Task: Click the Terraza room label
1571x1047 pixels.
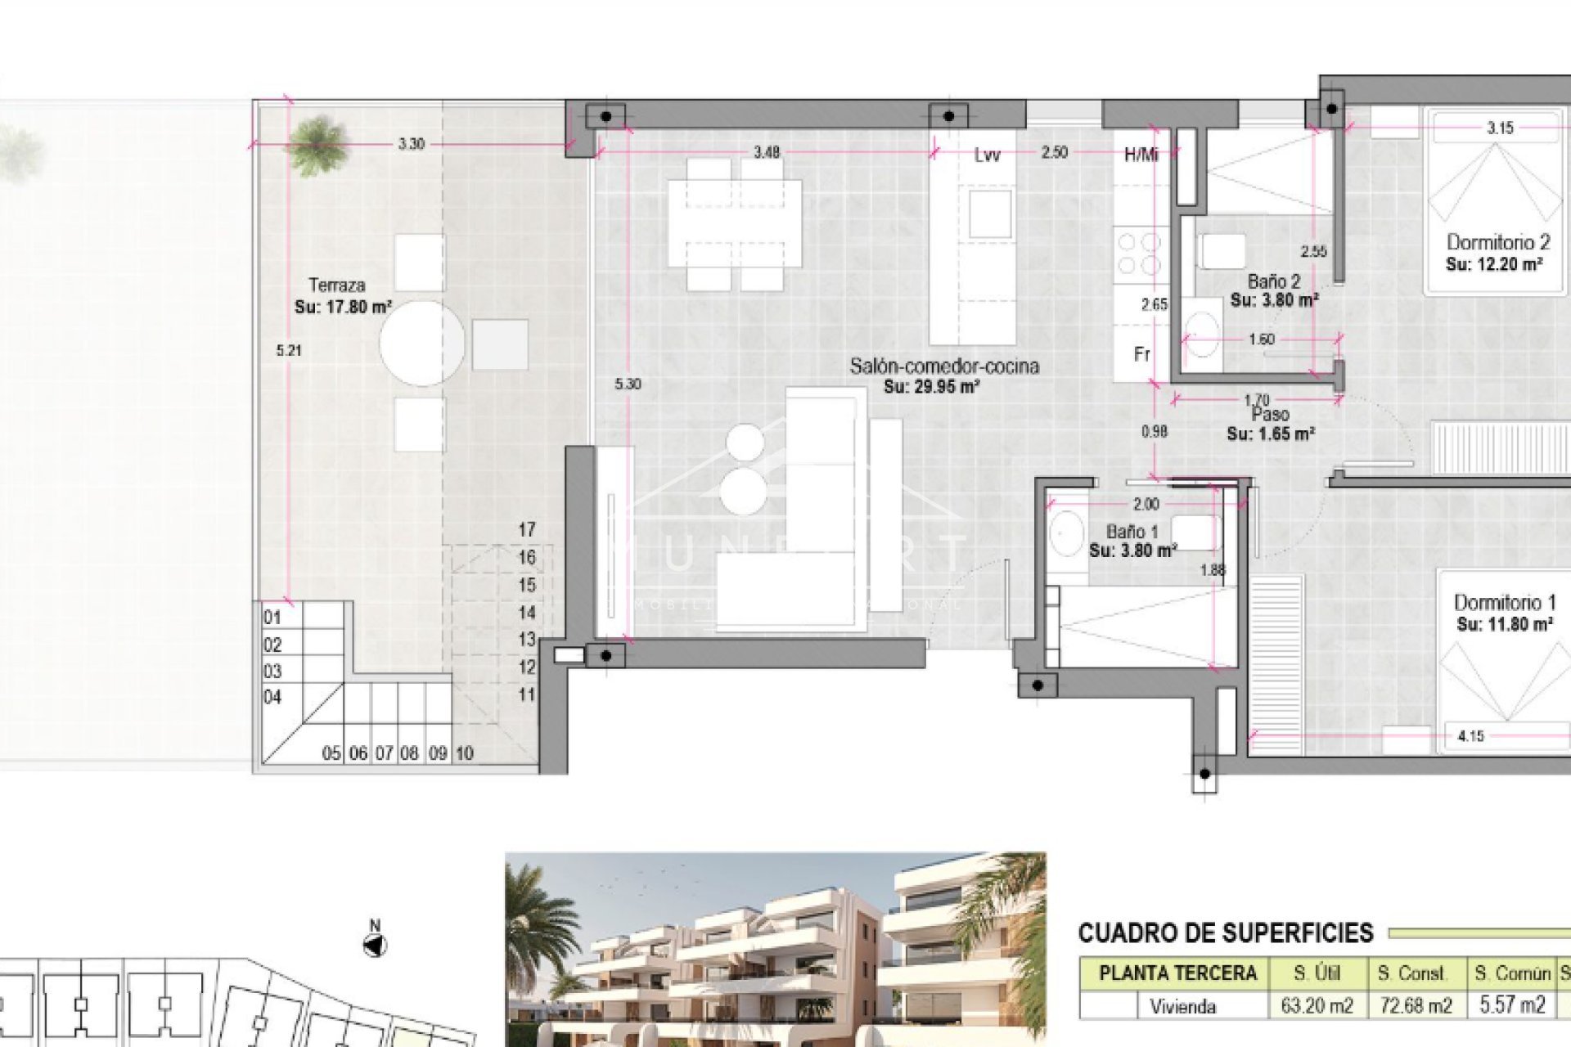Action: (336, 285)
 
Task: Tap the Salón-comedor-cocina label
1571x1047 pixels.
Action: (943, 366)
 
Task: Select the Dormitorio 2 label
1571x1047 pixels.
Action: (1497, 242)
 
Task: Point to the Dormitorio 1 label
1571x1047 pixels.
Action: (1504, 603)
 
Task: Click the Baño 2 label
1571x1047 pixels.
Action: (1274, 281)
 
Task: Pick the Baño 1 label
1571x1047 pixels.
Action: (1132, 532)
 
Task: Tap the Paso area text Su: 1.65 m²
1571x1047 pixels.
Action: (1270, 434)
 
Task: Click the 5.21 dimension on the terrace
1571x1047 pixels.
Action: (289, 351)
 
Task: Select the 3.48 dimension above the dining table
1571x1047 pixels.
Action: (766, 152)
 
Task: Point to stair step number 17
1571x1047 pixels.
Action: (527, 530)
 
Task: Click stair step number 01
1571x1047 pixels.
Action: (272, 618)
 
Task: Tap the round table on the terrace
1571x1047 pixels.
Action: (421, 343)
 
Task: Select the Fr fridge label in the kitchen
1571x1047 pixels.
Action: (1142, 354)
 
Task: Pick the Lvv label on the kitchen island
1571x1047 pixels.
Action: (987, 155)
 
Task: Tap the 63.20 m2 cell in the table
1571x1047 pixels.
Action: (1317, 1004)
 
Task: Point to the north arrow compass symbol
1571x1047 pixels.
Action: (375, 945)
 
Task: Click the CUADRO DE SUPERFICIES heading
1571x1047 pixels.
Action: (1225, 932)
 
